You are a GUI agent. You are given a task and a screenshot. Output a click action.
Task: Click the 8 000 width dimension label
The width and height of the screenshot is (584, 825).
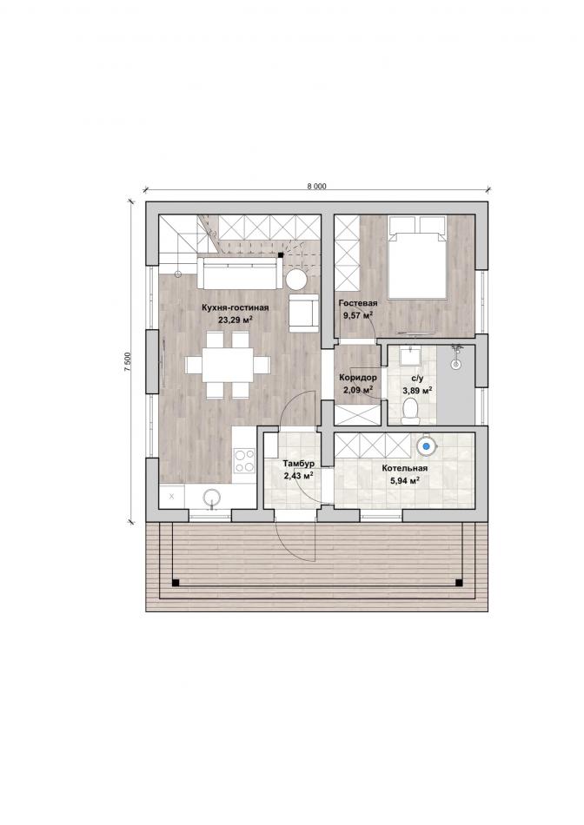[x=316, y=186]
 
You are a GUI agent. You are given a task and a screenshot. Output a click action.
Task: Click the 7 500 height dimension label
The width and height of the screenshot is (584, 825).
[x=127, y=362]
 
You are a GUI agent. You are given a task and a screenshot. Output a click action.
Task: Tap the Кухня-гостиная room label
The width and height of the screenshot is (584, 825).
[x=236, y=307]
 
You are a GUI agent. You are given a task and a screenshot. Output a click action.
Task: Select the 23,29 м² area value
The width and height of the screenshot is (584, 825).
[x=236, y=319]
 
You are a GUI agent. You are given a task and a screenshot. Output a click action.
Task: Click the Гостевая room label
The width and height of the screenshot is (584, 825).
[x=358, y=304]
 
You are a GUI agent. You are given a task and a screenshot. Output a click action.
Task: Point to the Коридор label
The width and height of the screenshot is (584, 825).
[x=357, y=378]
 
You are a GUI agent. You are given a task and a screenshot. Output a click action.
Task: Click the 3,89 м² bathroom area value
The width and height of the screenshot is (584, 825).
[x=418, y=390]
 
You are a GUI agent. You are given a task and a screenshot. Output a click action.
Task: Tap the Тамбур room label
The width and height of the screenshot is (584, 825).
[x=299, y=464]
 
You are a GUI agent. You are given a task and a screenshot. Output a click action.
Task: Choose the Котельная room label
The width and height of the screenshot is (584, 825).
[x=404, y=468]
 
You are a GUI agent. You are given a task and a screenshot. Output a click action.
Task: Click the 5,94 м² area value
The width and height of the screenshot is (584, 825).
[x=404, y=480]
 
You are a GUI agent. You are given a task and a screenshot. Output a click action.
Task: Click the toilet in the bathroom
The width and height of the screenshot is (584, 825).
[x=409, y=411]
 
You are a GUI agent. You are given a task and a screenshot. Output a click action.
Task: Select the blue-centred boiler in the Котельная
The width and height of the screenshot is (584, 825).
[x=427, y=446]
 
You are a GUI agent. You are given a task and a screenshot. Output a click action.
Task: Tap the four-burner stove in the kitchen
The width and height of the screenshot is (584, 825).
[x=244, y=461]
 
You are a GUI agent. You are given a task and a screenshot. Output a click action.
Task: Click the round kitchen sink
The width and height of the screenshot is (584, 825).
[x=212, y=497]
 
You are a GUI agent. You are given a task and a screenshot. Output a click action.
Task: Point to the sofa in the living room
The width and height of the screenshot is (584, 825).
[x=240, y=273]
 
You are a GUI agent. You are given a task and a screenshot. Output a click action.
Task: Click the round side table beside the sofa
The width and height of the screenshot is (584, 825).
[x=295, y=280]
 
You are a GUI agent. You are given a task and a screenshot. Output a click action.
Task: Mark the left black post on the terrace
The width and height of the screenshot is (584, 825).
[x=176, y=582]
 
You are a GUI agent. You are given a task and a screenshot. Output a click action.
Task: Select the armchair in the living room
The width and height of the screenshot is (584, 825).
[x=304, y=313]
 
